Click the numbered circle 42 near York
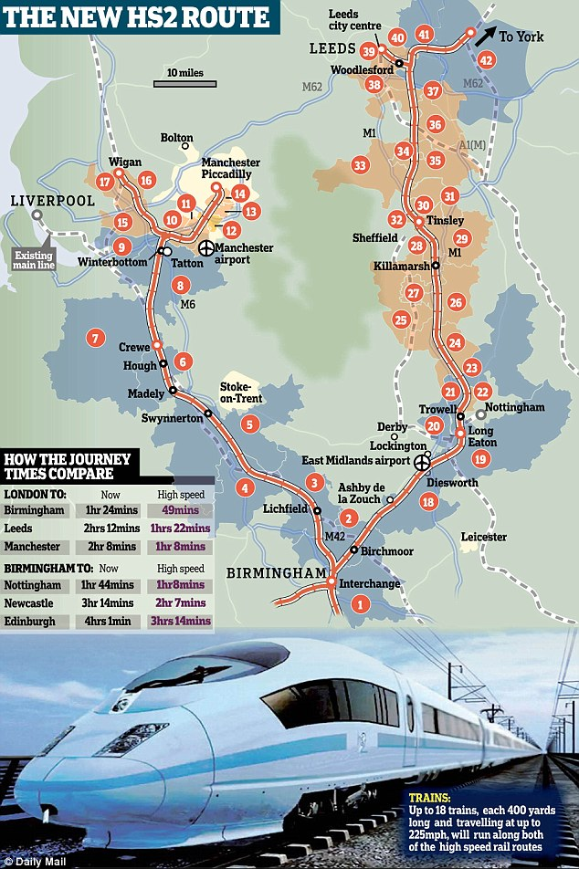(488, 60)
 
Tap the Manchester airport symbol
(208, 248)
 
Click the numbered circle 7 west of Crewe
(93, 339)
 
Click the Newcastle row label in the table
(34, 603)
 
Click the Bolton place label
(177, 139)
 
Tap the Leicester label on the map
(483, 537)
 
